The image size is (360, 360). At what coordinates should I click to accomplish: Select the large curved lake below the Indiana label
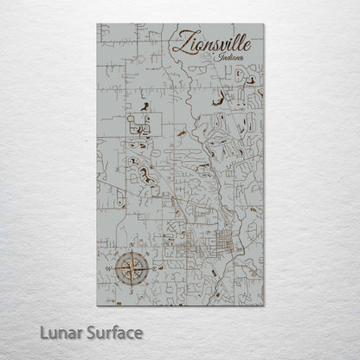220,103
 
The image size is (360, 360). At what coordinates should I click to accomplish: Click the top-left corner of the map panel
98,24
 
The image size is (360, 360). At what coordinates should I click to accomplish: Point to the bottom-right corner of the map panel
264,305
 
